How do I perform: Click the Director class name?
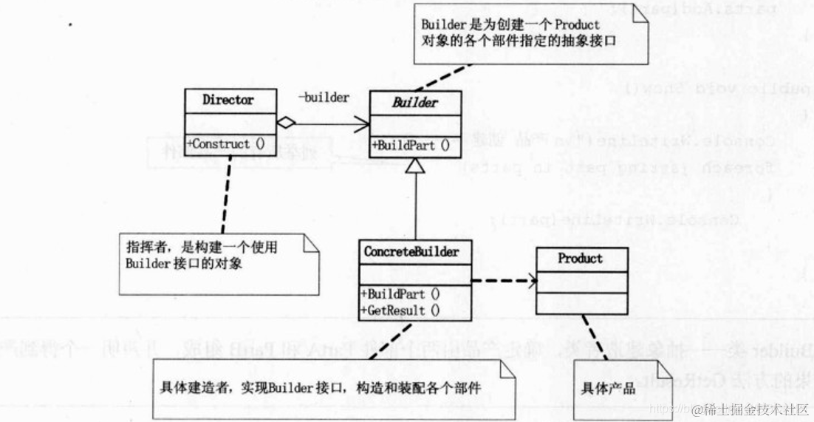pos(228,100)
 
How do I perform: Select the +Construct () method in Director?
pos(228,143)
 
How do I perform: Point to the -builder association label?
pos(324,98)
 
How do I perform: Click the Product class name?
pos(581,259)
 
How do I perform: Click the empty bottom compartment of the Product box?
pos(581,303)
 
